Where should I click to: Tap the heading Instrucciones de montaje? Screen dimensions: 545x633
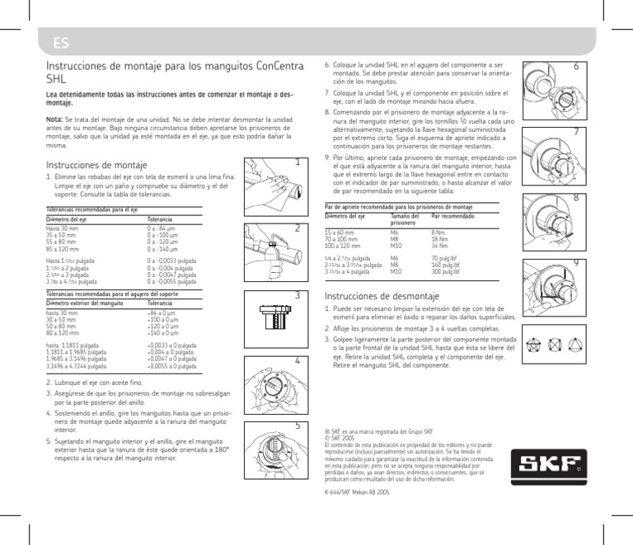(96, 164)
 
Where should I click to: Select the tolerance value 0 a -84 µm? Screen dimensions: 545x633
(162, 228)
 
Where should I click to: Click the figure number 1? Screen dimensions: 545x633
(297, 163)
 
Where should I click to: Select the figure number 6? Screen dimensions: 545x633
(575, 66)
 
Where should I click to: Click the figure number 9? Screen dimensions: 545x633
(575, 262)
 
